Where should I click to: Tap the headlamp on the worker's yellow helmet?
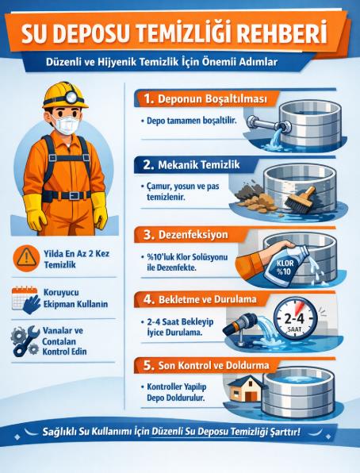(71, 97)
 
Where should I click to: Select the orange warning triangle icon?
(26, 258)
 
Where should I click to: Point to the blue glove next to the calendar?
(32, 305)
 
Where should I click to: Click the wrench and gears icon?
(25, 341)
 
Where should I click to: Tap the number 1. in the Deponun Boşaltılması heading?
(148, 98)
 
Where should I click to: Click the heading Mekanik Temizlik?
(199, 165)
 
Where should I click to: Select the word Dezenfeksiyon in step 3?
(193, 235)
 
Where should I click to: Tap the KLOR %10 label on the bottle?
(285, 267)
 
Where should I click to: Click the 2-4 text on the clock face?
(294, 318)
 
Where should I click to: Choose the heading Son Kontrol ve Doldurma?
(213, 365)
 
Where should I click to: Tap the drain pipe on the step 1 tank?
(266, 123)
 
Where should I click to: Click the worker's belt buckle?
(74, 196)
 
